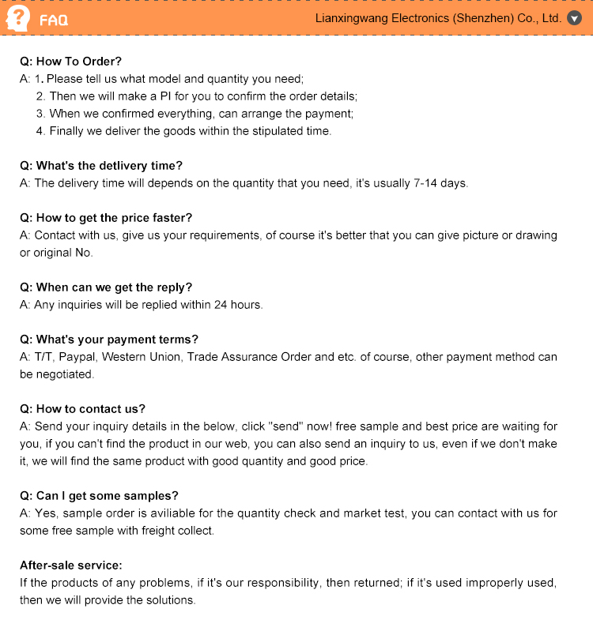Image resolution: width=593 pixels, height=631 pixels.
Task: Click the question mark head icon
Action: coord(17,18)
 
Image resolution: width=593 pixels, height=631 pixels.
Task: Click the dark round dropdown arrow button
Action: coord(575,18)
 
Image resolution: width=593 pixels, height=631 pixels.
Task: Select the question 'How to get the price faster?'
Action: coord(106,218)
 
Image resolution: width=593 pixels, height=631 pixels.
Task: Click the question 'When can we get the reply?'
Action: coord(106,287)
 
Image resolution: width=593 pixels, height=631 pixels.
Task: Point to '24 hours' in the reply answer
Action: coord(238,305)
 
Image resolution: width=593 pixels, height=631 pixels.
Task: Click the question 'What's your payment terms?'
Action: coord(109,340)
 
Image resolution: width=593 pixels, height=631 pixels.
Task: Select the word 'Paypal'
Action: coord(77,357)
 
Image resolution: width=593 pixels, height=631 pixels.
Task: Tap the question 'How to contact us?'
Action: coord(82,409)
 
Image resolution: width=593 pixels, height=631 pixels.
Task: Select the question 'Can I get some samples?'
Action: coord(99,496)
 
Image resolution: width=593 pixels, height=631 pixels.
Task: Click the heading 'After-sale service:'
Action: coord(70,565)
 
